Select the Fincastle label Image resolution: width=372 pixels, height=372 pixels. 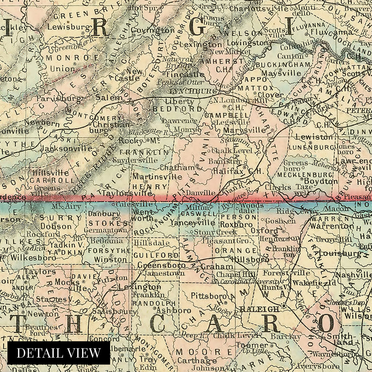point(185,75)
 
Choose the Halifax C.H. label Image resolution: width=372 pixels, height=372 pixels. point(238,171)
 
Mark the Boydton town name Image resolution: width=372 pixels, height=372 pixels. point(321,181)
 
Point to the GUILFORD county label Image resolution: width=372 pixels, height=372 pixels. point(156,255)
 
